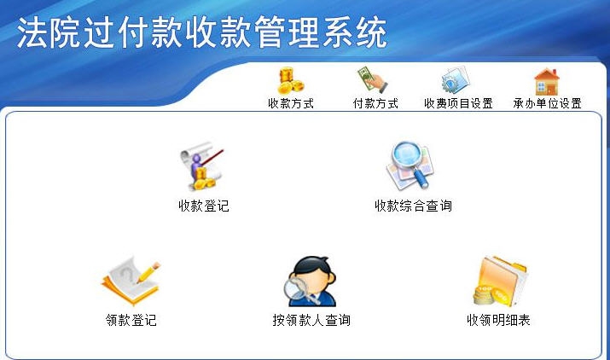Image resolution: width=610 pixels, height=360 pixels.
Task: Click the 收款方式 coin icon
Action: click(x=290, y=81)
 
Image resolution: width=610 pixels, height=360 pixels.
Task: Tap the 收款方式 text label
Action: click(x=291, y=104)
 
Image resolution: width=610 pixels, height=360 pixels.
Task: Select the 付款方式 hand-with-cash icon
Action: click(x=373, y=81)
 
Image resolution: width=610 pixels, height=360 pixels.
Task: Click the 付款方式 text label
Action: click(x=375, y=104)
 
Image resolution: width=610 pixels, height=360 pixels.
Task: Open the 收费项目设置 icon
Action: click(x=456, y=81)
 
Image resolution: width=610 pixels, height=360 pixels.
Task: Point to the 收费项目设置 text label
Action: click(x=458, y=104)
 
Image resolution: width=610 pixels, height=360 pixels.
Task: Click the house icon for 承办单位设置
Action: click(x=546, y=81)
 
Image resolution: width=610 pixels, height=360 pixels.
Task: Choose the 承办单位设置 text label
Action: click(x=547, y=104)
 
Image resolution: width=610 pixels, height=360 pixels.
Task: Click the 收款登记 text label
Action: click(x=204, y=206)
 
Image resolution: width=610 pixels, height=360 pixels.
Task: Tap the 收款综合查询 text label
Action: click(x=413, y=206)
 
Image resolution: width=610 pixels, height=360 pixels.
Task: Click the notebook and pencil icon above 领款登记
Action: click(x=130, y=280)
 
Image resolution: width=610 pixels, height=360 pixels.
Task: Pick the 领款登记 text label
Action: click(x=131, y=321)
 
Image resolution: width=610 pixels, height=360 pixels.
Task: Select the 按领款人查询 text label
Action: click(x=311, y=321)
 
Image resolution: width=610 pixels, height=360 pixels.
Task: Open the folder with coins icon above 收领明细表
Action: click(x=500, y=282)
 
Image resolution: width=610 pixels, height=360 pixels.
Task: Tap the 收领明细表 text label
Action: click(x=499, y=321)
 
